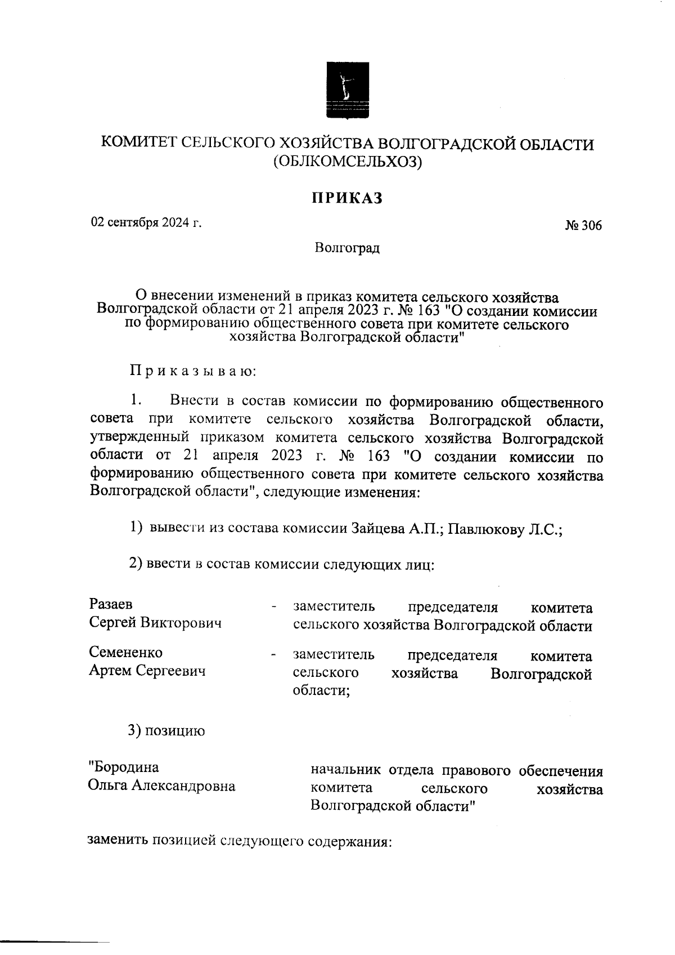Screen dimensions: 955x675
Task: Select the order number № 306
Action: coord(583,226)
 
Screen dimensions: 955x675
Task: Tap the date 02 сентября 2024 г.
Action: coord(146,222)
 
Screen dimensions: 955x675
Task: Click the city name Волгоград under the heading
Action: coord(347,248)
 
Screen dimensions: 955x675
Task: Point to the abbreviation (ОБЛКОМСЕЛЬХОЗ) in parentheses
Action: coord(347,162)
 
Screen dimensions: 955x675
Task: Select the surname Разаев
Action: coord(111,604)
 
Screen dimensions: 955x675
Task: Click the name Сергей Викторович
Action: coord(155,623)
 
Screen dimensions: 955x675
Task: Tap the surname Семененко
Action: coord(126,653)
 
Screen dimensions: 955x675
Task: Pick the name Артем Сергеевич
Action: coord(147,671)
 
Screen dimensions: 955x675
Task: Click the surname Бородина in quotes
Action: coord(124,767)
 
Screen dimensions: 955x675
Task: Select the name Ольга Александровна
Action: coord(161,786)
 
